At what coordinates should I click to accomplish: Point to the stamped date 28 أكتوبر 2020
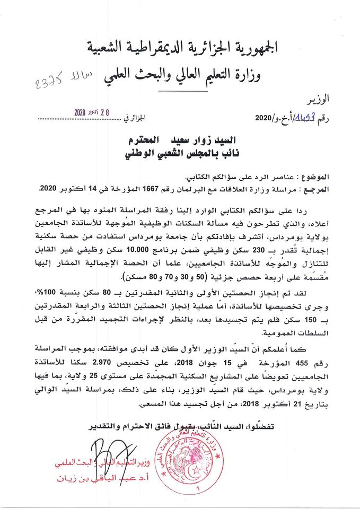pyautogui.click(x=93, y=113)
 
